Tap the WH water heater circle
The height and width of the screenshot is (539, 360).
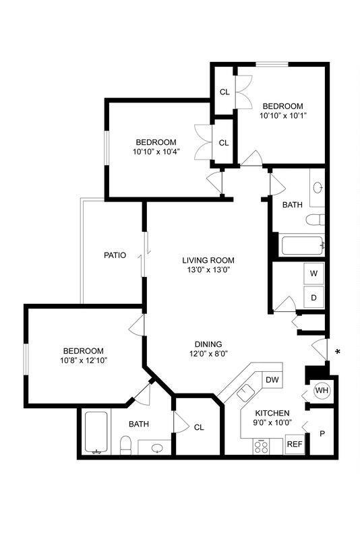[x=322, y=391]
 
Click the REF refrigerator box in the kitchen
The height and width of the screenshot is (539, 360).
[x=295, y=444]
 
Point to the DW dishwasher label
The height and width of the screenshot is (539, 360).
[x=272, y=381]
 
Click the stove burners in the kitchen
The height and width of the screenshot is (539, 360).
[x=261, y=445]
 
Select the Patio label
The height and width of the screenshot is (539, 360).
[x=115, y=255]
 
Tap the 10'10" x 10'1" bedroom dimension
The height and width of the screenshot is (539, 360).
[x=282, y=115]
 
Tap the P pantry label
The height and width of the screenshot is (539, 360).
[x=322, y=434]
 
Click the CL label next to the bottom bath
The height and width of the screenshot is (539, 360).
[x=199, y=426]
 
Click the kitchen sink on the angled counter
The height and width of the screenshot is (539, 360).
[x=245, y=392]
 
